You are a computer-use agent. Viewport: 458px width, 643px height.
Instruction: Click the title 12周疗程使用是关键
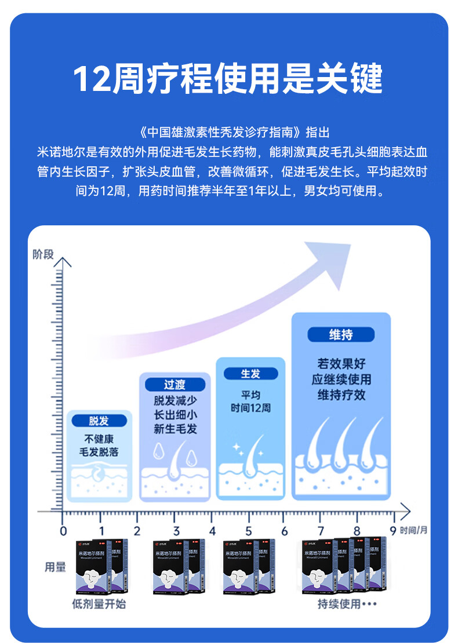228,79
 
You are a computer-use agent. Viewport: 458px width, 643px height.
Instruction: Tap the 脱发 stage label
99,421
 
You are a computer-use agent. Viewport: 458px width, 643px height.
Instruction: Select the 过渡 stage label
175,385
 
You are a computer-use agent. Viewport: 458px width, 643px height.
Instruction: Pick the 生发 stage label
250,374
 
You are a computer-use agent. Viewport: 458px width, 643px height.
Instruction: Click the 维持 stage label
341,334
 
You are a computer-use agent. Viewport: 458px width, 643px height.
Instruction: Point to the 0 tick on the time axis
64,531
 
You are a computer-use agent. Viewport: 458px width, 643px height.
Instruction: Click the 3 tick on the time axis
176,531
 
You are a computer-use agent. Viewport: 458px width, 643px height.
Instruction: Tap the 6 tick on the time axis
285,531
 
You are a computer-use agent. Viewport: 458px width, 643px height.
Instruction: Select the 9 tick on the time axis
392,531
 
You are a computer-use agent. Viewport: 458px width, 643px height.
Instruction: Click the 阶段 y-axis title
43,254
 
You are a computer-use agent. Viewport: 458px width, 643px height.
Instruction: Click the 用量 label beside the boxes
55,567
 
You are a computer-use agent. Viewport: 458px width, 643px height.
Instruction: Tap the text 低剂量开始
99,604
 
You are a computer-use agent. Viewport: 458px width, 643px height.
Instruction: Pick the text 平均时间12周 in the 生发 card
250,401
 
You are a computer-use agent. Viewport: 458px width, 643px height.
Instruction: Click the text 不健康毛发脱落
99,445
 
